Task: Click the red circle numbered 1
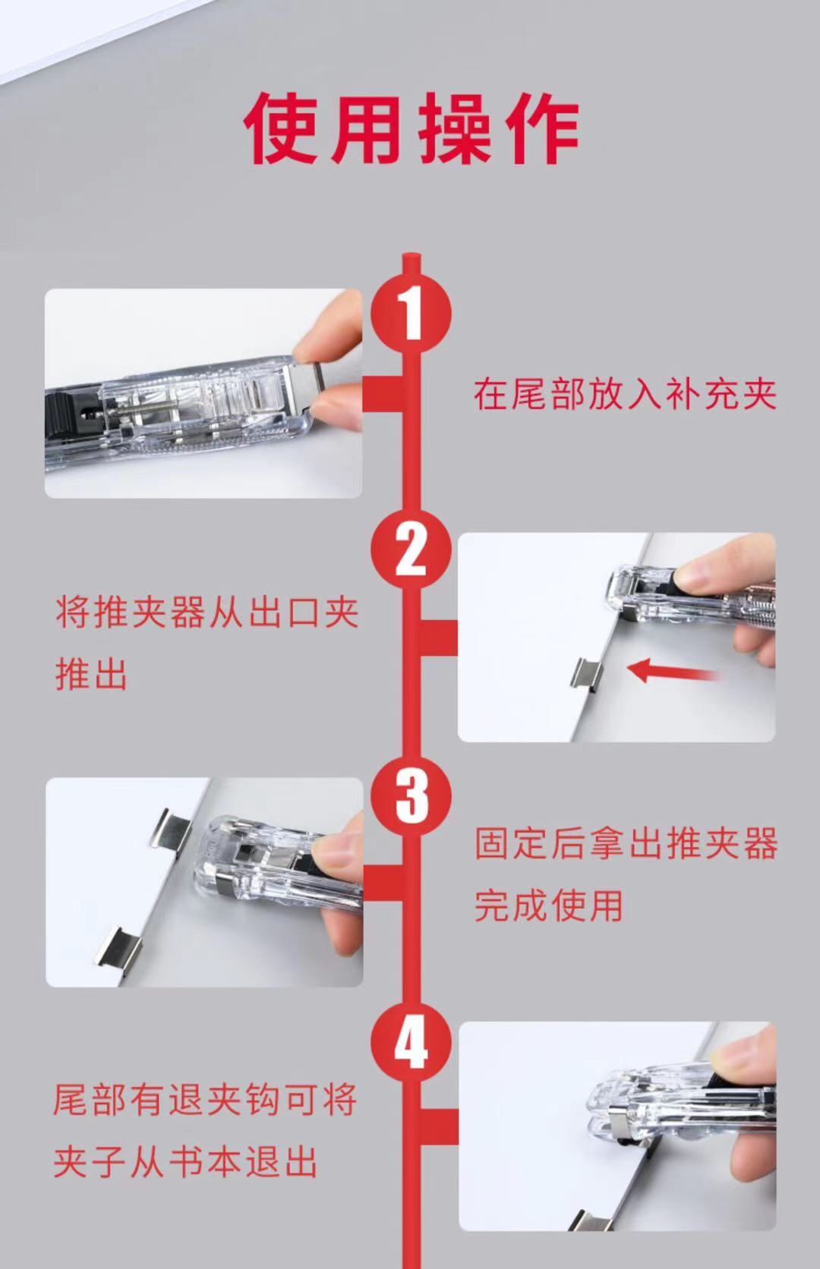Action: [411, 313]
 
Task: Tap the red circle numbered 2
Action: [411, 549]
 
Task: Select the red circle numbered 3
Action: [411, 795]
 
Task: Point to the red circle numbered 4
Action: [411, 1041]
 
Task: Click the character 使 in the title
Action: [283, 128]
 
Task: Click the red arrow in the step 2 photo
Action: [673, 672]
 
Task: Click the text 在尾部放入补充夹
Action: [625, 395]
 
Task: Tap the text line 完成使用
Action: [548, 905]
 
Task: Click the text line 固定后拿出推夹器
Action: [626, 843]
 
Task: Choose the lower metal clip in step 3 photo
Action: [117, 954]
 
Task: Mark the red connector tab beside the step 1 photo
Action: [383, 395]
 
